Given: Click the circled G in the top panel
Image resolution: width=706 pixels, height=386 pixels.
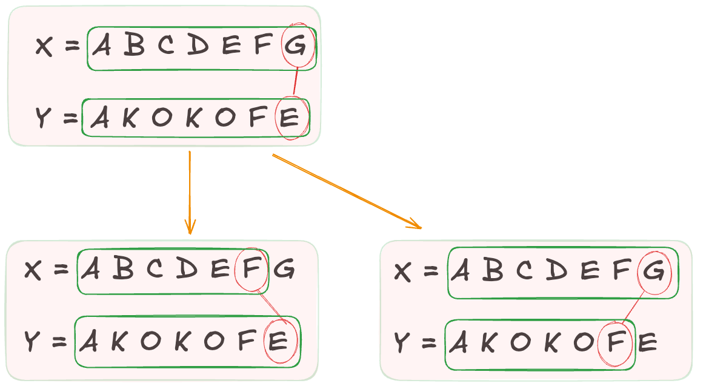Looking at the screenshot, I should tap(297, 46).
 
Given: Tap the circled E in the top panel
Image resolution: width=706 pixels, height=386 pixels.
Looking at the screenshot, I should tap(290, 118).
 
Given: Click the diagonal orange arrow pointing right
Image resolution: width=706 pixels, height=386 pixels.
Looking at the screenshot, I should tap(346, 191).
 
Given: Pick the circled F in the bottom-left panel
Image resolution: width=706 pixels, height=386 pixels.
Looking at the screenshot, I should tap(251, 270).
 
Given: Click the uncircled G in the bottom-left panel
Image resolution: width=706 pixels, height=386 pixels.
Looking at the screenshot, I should tap(284, 270).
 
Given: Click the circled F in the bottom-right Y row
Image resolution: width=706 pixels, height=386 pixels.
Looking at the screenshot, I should tap(615, 343).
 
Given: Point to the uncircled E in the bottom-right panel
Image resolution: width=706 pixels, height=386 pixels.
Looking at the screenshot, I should tap(647, 344).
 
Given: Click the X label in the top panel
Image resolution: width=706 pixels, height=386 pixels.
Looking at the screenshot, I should tap(44, 47).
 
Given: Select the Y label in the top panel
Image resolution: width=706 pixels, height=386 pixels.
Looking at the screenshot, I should tap(42, 118).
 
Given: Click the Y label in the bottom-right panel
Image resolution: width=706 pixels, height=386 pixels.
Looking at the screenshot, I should tap(402, 344).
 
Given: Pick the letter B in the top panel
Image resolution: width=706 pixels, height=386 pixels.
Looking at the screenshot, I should tap(134, 47).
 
